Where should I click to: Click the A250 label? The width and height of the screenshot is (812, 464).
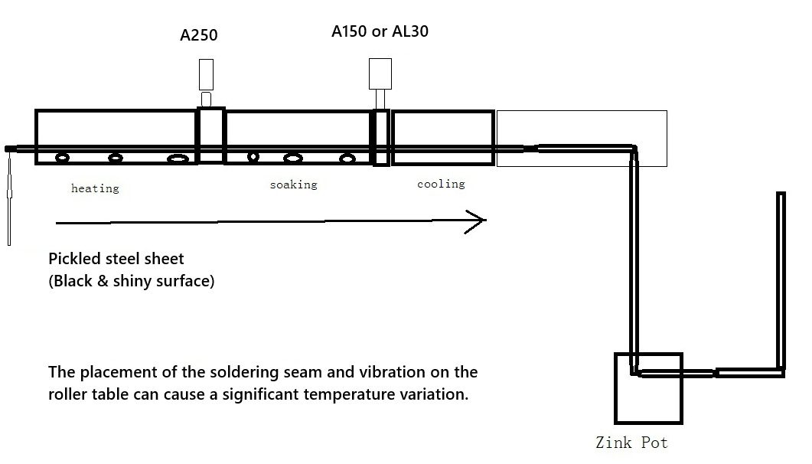(x=199, y=35)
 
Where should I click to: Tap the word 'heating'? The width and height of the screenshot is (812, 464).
(x=95, y=188)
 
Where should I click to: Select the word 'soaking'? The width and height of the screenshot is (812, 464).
(x=293, y=185)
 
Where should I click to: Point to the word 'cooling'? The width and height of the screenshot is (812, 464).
(x=441, y=184)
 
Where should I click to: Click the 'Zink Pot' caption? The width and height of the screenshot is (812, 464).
(x=631, y=443)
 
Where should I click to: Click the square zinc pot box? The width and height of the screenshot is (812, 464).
(x=647, y=398)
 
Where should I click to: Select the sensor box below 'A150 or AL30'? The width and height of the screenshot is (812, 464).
(x=380, y=74)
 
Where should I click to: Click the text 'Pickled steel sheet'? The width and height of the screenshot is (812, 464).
(x=116, y=259)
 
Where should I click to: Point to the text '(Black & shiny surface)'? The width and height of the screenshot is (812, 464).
(x=132, y=281)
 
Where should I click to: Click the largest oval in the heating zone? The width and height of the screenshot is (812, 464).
(x=178, y=158)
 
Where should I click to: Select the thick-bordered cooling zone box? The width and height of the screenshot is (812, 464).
(x=442, y=127)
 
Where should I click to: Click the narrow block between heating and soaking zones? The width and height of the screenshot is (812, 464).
(x=211, y=136)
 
